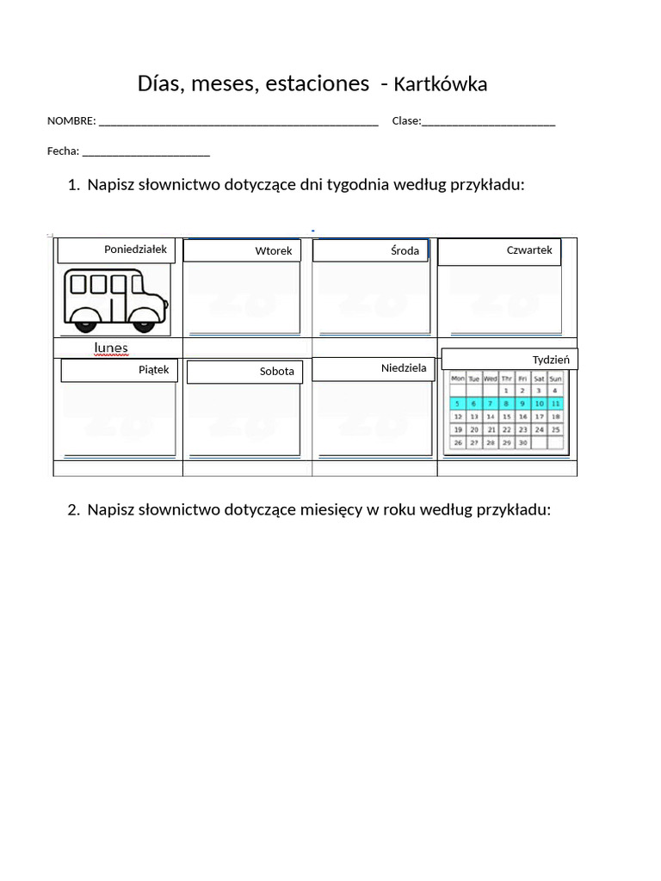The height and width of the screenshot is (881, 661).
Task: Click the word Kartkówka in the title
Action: (440, 84)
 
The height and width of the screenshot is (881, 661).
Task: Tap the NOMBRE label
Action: (71, 121)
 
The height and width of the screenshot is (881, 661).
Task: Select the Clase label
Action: (406, 121)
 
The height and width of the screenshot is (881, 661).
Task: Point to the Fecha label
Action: (63, 151)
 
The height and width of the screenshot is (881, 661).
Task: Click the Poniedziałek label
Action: (135, 250)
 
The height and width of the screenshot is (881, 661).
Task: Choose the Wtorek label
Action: (274, 251)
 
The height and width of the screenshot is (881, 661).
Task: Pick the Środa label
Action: (405, 250)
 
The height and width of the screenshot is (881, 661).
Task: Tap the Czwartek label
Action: (529, 250)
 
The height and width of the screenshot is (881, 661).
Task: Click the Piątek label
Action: (153, 370)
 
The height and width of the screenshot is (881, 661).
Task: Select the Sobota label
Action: (277, 372)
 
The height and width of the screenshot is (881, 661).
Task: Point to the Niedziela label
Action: (404, 368)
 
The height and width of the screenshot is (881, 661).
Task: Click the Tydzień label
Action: (551, 359)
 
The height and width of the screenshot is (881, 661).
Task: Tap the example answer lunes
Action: (111, 348)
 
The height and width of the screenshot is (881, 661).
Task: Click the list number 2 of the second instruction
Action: (73, 509)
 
